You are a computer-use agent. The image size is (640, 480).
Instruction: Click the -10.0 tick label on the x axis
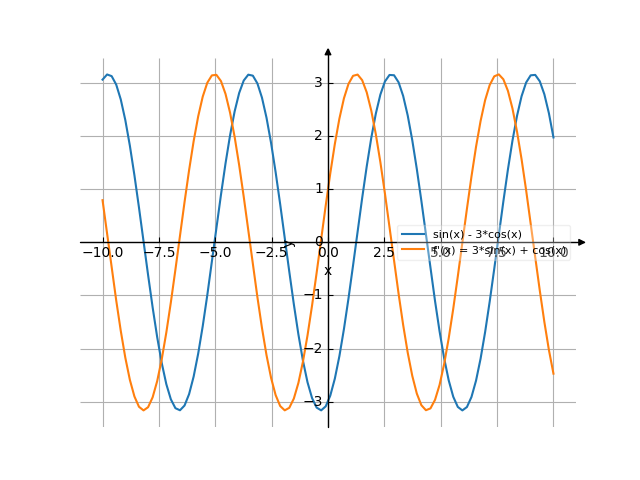102,253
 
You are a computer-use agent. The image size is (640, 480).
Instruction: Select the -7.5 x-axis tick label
159,253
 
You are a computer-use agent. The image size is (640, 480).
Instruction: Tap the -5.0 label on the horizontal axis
215,253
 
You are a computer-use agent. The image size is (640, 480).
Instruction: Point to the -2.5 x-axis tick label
271,253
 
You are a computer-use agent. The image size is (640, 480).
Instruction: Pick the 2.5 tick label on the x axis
384,253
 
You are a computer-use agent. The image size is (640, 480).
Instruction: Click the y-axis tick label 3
318,82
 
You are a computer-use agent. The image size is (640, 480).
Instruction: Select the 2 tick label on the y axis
318,135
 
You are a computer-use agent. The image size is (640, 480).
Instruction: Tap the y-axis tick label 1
318,188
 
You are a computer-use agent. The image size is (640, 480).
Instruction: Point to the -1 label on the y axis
315,294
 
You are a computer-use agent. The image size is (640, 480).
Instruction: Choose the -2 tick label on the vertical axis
315,348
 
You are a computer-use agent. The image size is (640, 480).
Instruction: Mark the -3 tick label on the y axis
315,401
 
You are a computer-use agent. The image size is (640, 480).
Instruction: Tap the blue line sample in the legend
413,234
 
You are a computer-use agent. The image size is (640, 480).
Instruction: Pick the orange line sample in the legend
413,251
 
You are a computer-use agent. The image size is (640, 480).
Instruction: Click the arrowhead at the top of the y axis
328,51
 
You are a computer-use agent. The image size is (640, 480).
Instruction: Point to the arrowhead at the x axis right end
582,242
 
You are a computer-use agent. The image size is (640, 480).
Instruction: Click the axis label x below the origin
328,270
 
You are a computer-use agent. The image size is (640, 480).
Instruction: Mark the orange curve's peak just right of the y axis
356,74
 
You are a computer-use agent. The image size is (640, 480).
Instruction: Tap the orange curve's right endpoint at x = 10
553,374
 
